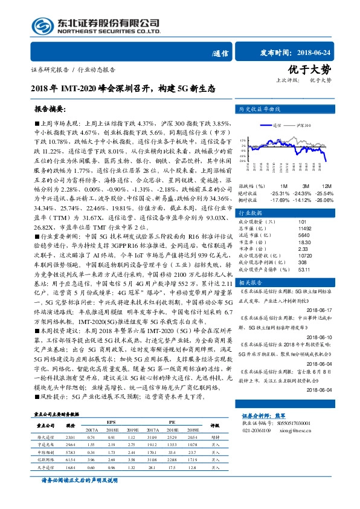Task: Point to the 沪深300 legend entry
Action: click(x=303, y=125)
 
